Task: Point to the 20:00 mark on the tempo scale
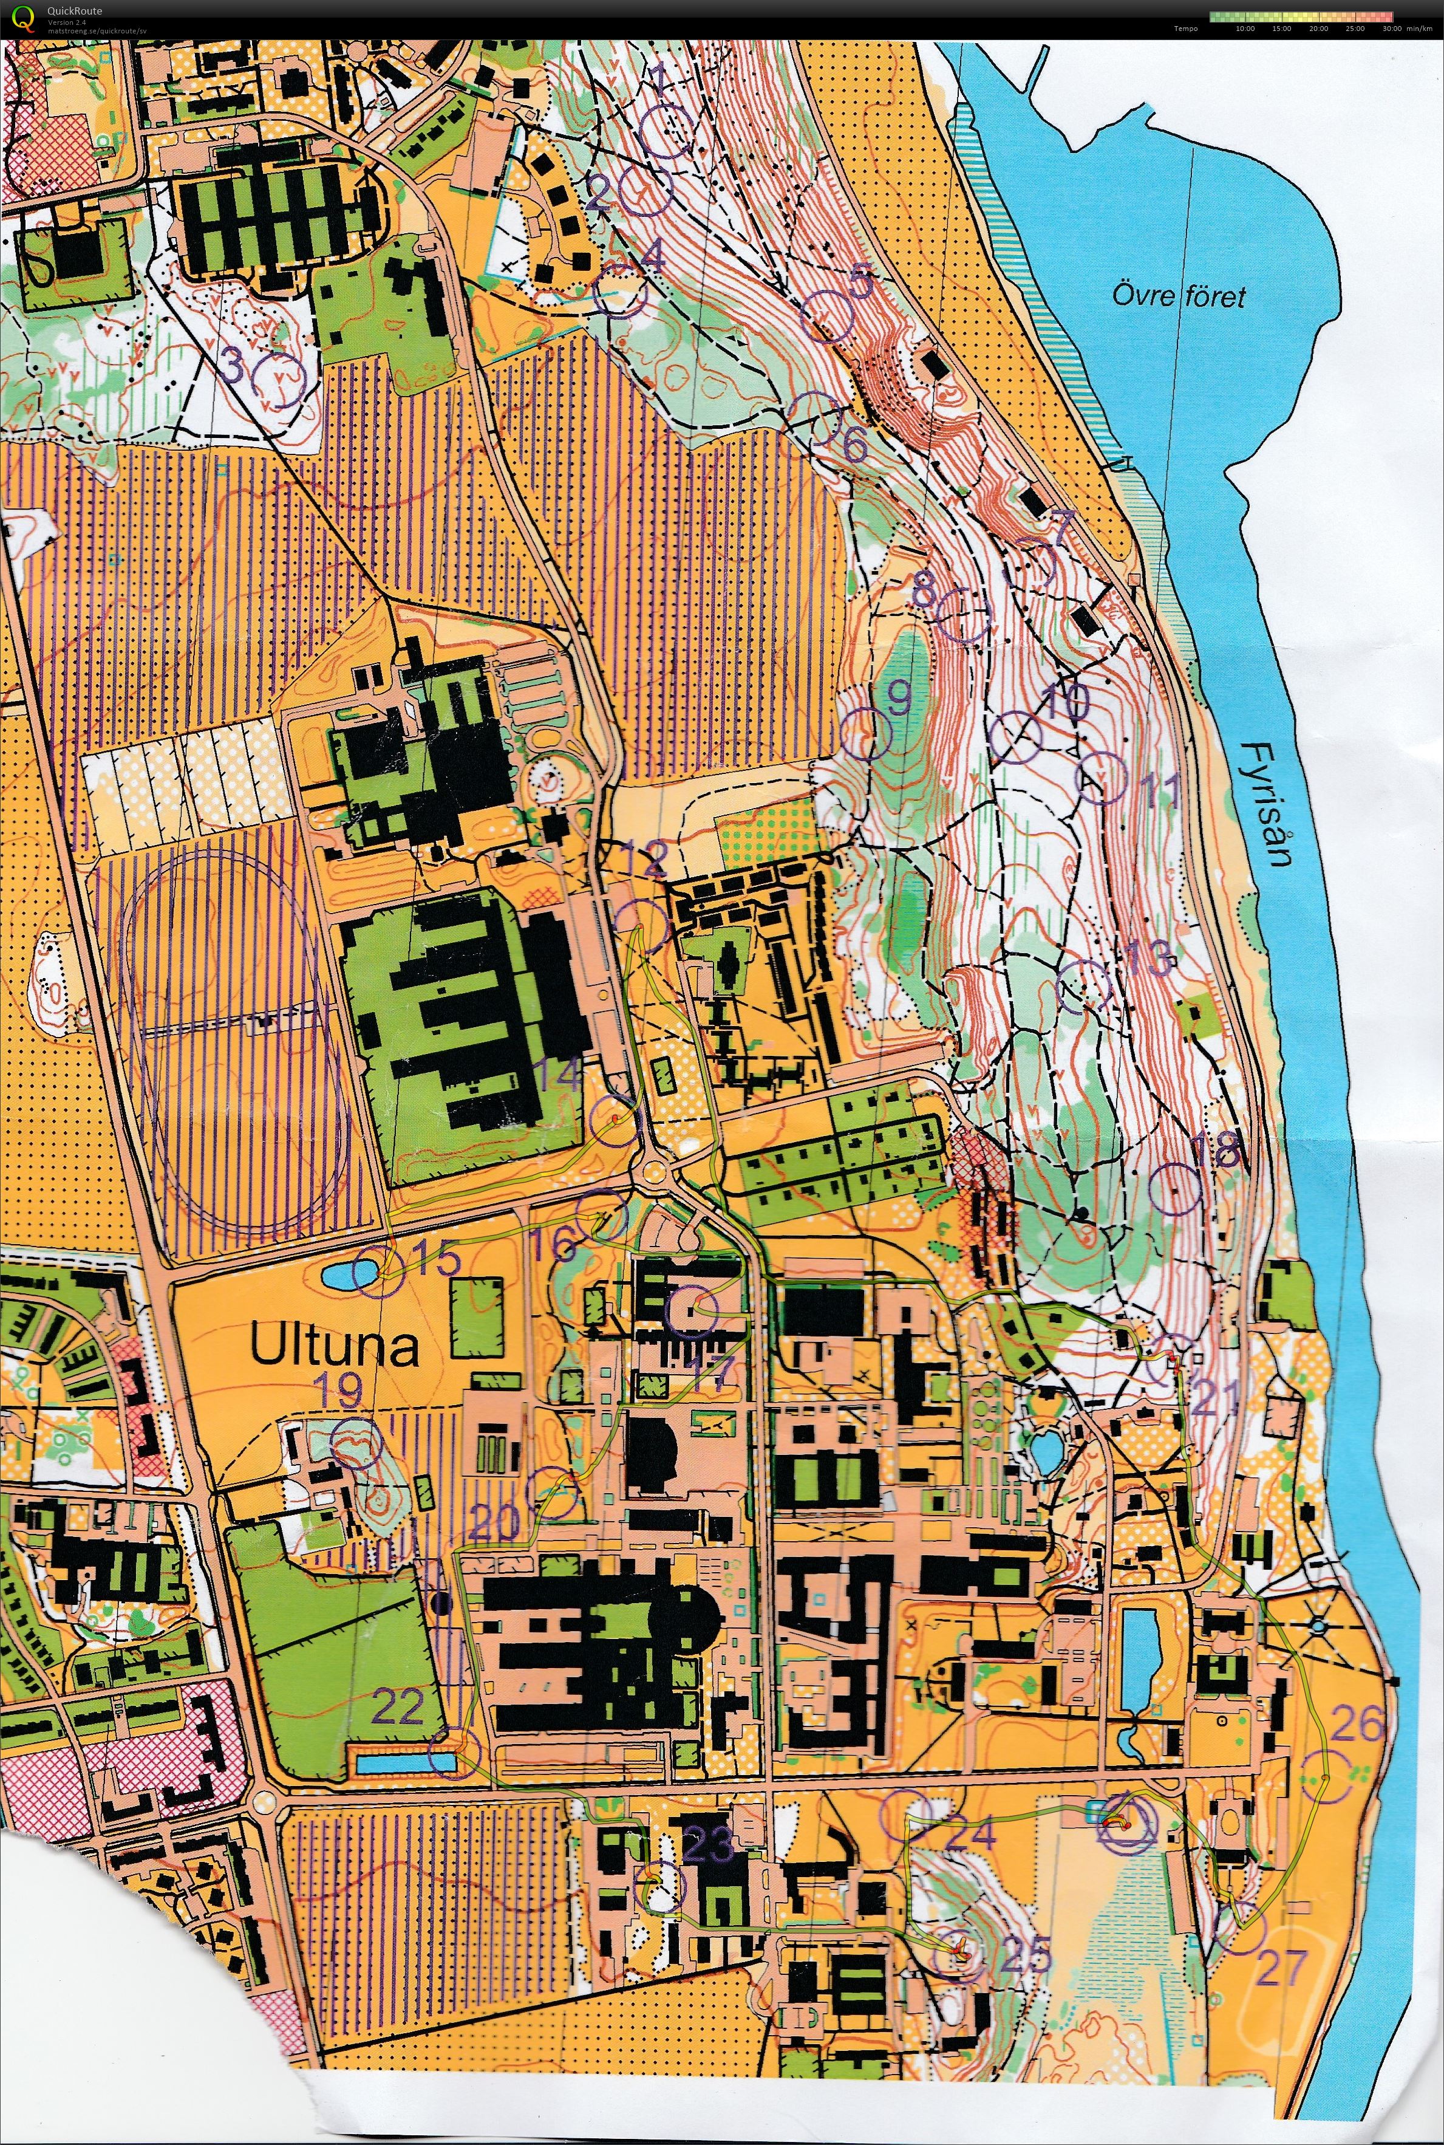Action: pyautogui.click(x=1318, y=29)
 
